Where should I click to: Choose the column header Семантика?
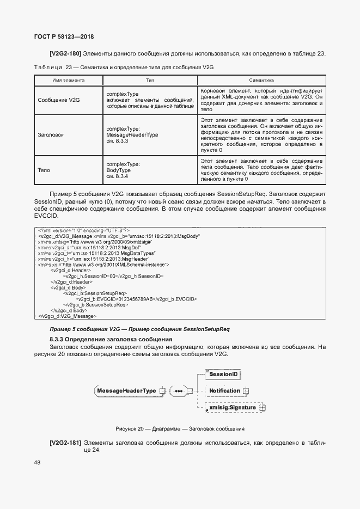tap(261, 79)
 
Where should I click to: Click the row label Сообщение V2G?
tap(59, 100)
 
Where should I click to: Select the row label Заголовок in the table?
tap(51, 134)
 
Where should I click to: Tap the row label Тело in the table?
tap(44, 170)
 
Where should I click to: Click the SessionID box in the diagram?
tap(224, 374)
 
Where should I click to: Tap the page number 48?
tap(37, 462)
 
